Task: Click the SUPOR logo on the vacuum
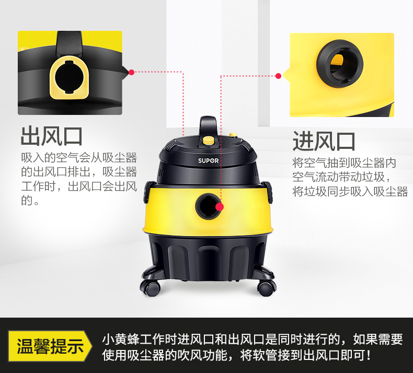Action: pyautogui.click(x=208, y=160)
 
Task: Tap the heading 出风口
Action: pyautogui.click(x=52, y=136)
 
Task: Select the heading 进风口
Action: pyautogui.click(x=324, y=141)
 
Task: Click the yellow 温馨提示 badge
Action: pyautogui.click(x=50, y=346)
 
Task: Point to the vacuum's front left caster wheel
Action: pyautogui.click(x=151, y=287)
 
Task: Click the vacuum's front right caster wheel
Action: pyautogui.click(x=266, y=287)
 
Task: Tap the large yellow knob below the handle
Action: pyautogui.click(x=209, y=141)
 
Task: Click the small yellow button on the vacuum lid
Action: pyautogui.click(x=233, y=135)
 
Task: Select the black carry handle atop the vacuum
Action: pyautogui.click(x=208, y=126)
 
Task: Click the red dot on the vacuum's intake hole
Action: pyautogui.click(x=220, y=207)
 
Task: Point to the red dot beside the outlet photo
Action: pyautogui.click(x=131, y=72)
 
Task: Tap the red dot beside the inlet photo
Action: pyautogui.click(x=278, y=76)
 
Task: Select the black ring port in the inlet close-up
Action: pyautogui.click(x=340, y=63)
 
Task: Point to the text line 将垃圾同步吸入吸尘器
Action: pyautogui.click(x=350, y=191)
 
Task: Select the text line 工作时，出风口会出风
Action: pyautogui.click(x=79, y=186)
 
